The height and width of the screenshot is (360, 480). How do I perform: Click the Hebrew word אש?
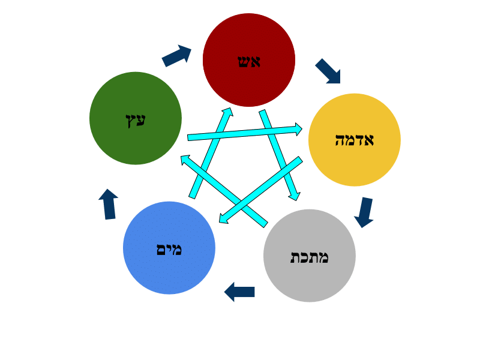point(249,61)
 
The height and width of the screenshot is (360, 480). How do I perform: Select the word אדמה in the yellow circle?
point(354,140)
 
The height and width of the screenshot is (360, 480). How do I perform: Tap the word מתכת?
point(310,257)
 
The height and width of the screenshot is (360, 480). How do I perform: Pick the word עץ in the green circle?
point(136,119)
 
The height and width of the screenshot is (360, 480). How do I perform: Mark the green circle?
point(136,144)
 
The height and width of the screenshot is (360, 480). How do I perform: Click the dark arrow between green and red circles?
point(177,56)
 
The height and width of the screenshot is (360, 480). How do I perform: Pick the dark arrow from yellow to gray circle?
point(364,212)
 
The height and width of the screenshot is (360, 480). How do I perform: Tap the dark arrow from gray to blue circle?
point(239,292)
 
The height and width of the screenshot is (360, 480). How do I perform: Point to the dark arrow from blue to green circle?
point(109,204)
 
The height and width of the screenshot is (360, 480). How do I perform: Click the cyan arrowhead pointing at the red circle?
point(226,114)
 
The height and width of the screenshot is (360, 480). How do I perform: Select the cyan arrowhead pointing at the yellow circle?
point(296,129)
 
